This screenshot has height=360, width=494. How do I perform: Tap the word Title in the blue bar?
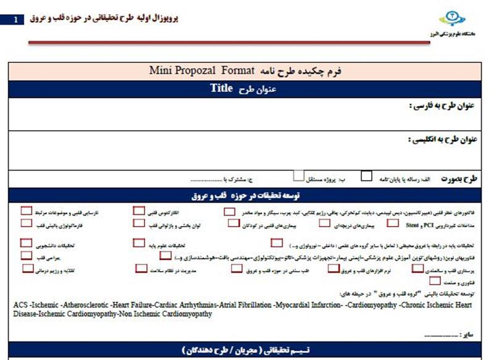point(220,88)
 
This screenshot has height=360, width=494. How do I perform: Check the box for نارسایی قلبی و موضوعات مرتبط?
point(26,211)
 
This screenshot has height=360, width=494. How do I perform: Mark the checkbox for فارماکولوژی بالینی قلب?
point(26,223)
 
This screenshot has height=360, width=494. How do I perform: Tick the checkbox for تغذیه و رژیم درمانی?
point(27,269)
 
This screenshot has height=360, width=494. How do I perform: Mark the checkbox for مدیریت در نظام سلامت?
point(141,269)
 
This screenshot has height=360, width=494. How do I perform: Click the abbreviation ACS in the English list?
point(20,304)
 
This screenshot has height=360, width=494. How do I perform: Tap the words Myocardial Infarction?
point(309,304)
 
